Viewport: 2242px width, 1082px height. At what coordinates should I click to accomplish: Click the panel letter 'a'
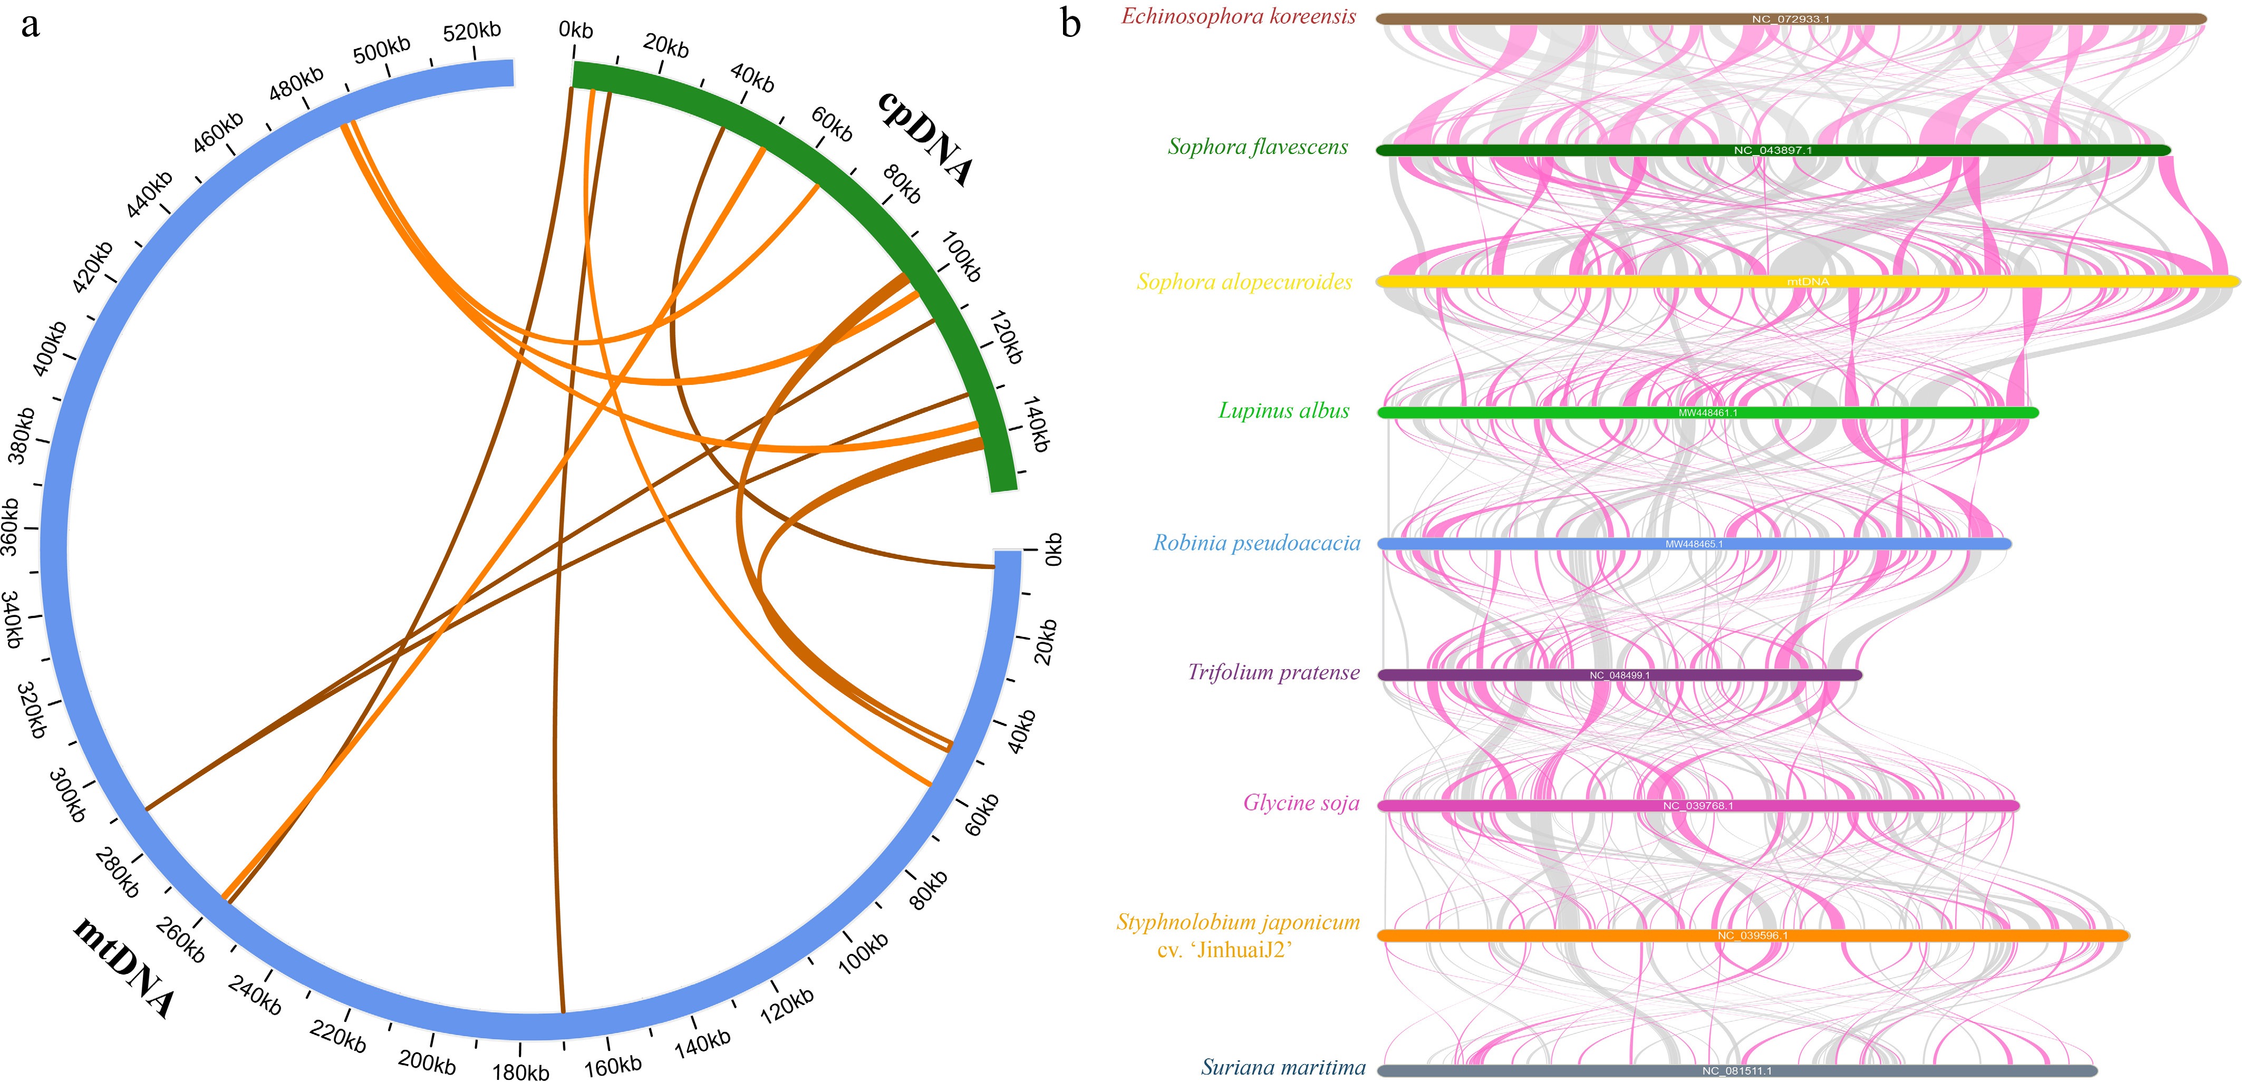[x=31, y=26]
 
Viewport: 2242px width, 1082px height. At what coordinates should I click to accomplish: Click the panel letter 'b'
[x=1070, y=24]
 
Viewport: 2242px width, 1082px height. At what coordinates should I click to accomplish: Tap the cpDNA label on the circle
[x=924, y=138]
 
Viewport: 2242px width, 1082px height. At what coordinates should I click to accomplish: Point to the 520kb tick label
[x=472, y=31]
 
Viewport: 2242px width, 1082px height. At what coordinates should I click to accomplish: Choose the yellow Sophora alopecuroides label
[x=1244, y=282]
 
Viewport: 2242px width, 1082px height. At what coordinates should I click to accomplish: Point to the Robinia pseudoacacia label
[x=1256, y=543]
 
